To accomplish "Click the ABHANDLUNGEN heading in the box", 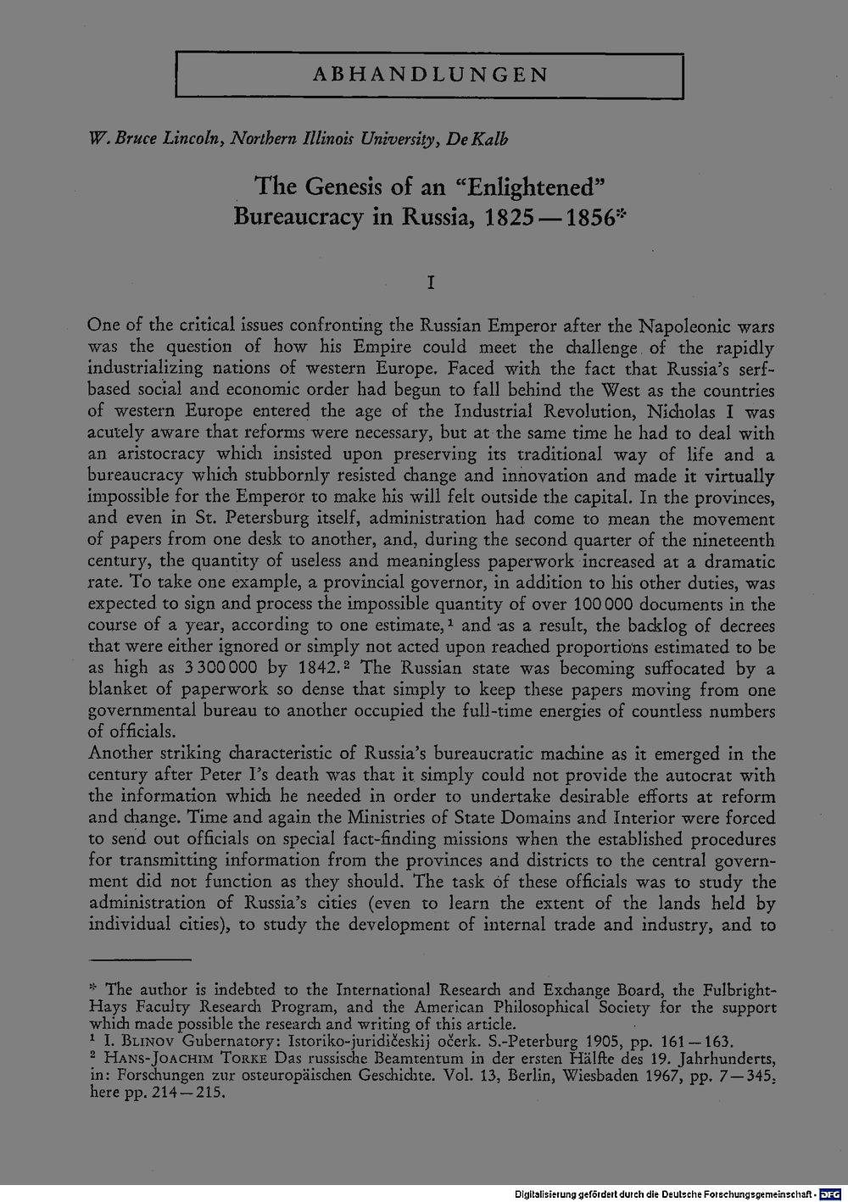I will [430, 75].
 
